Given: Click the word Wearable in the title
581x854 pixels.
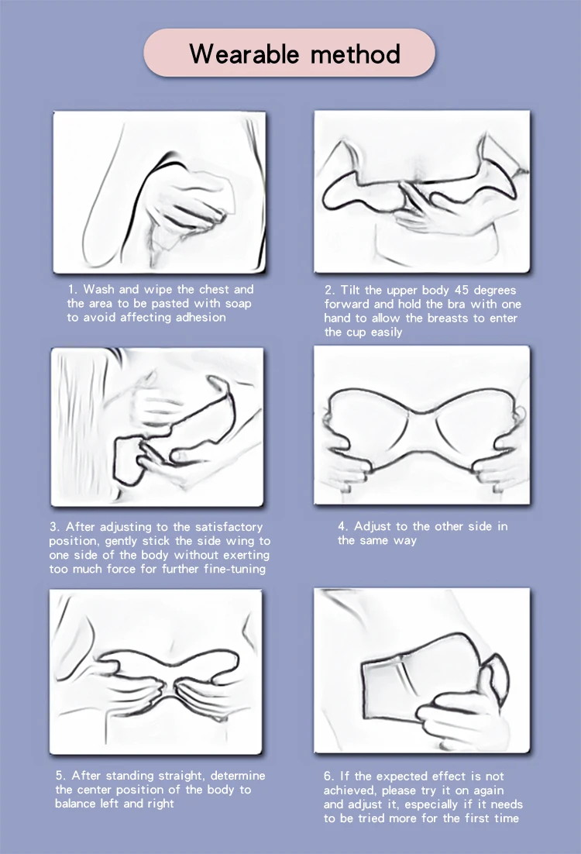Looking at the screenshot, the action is pos(244,53).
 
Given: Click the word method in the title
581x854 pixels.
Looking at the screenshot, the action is pos(356,53).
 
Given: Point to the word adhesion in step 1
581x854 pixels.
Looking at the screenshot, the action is pos(200,317).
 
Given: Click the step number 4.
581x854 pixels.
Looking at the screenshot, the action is pos(342,526).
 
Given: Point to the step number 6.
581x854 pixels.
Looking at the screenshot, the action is pos(329,776).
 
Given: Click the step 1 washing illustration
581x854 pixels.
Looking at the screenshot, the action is pos(160,192).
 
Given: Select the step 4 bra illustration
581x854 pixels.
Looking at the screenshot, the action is pos(422,425).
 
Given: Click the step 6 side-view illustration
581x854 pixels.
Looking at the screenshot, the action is pos(422,670).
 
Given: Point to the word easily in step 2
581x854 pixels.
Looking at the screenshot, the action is pos(386,332).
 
